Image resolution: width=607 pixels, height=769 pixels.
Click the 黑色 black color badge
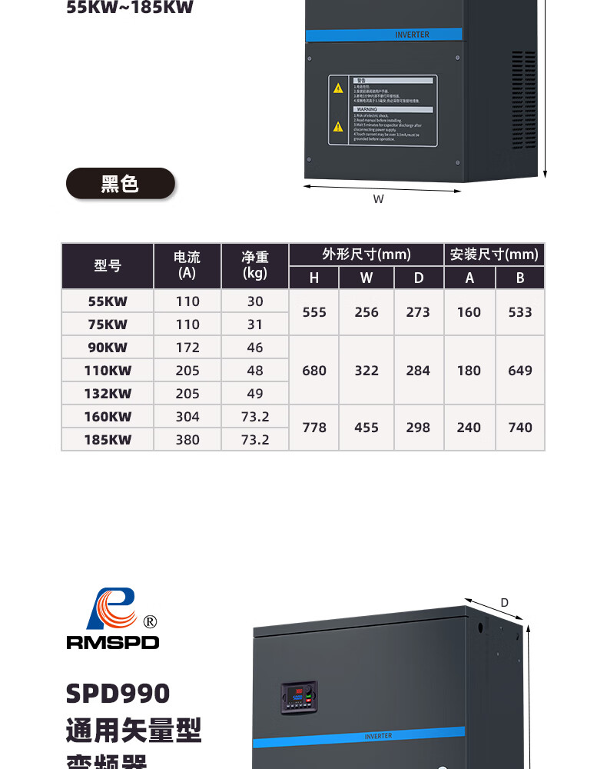121,184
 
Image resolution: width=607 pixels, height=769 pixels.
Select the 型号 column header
108,266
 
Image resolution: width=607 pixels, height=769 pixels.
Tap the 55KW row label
108,301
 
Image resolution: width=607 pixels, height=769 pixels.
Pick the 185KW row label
108,440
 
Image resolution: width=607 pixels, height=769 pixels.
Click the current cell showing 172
187,348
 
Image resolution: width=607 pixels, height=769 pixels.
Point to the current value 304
187,417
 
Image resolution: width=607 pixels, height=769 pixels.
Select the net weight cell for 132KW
255,394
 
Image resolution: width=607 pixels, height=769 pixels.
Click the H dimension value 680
314,371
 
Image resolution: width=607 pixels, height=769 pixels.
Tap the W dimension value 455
367,428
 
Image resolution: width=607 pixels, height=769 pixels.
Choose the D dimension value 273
418,312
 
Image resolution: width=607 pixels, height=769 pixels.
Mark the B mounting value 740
520,428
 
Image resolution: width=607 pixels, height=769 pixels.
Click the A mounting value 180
469,371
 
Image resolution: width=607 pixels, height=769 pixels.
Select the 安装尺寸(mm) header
494,255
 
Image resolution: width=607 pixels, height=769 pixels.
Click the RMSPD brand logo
112,619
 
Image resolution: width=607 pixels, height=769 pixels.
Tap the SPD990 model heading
118,694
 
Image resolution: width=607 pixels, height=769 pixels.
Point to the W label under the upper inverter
379,199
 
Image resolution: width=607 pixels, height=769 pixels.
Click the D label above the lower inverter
505,602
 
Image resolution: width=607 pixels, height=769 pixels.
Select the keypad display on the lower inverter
299,698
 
